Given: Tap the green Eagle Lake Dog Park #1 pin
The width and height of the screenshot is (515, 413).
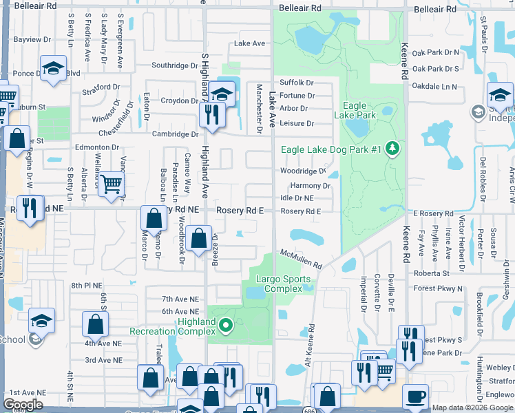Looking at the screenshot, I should pyautogui.click(x=392, y=149).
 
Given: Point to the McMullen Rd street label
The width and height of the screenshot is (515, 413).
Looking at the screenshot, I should pyautogui.click(x=301, y=260).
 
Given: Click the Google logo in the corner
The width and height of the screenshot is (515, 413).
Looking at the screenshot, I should pyautogui.click(x=23, y=405).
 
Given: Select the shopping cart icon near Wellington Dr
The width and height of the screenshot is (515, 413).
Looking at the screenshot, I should pyautogui.click(x=110, y=184).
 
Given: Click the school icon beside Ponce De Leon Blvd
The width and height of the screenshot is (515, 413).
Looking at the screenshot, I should pyautogui.click(x=53, y=70).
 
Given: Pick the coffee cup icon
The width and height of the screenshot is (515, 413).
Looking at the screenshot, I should pyautogui.click(x=415, y=396).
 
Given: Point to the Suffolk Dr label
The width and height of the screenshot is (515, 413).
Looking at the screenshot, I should pyautogui.click(x=297, y=83).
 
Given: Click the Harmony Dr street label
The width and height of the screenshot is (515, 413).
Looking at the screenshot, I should pyautogui.click(x=311, y=186).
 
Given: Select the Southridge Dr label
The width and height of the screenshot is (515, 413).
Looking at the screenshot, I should pyautogui.click(x=175, y=66).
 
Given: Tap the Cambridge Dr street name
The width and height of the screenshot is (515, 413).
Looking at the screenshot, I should pyautogui.click(x=175, y=134).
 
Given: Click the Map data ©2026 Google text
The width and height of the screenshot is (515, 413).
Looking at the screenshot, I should pyautogui.click(x=472, y=408).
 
